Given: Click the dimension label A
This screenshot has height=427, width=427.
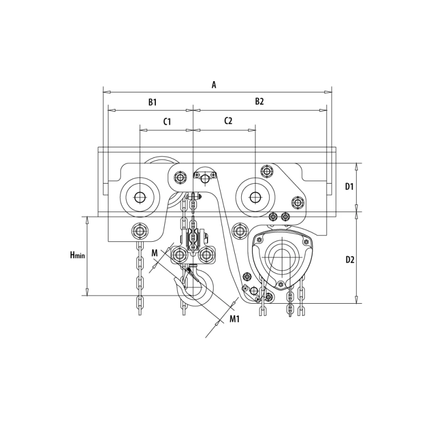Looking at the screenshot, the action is pyautogui.click(x=214, y=85).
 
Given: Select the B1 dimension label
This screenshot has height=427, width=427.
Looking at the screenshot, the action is pyautogui.click(x=153, y=102).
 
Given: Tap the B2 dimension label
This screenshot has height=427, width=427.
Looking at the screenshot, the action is pyautogui.click(x=259, y=101).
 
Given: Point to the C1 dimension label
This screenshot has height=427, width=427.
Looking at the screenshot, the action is pyautogui.click(x=167, y=122).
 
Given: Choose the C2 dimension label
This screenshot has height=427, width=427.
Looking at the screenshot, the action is pyautogui.click(x=228, y=121).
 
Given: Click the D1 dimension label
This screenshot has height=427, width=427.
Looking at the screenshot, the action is pyautogui.click(x=350, y=186).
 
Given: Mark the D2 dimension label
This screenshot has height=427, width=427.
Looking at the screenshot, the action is pyautogui.click(x=350, y=260).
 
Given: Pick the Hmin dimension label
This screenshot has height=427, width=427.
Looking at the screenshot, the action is pyautogui.click(x=77, y=255).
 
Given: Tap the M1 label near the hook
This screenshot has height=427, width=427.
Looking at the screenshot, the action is pyautogui.click(x=234, y=319).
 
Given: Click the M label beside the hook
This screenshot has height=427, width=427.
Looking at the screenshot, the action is pyautogui.click(x=154, y=253).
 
